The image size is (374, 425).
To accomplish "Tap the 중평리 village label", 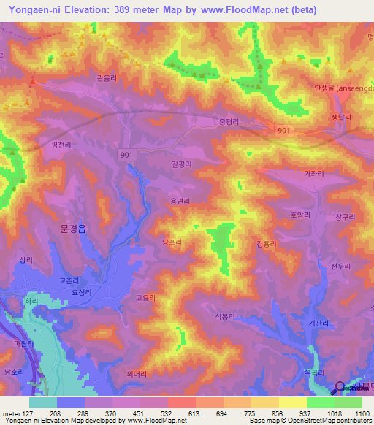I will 230,122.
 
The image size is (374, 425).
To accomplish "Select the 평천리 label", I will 61,146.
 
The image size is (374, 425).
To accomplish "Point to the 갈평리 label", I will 181,165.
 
